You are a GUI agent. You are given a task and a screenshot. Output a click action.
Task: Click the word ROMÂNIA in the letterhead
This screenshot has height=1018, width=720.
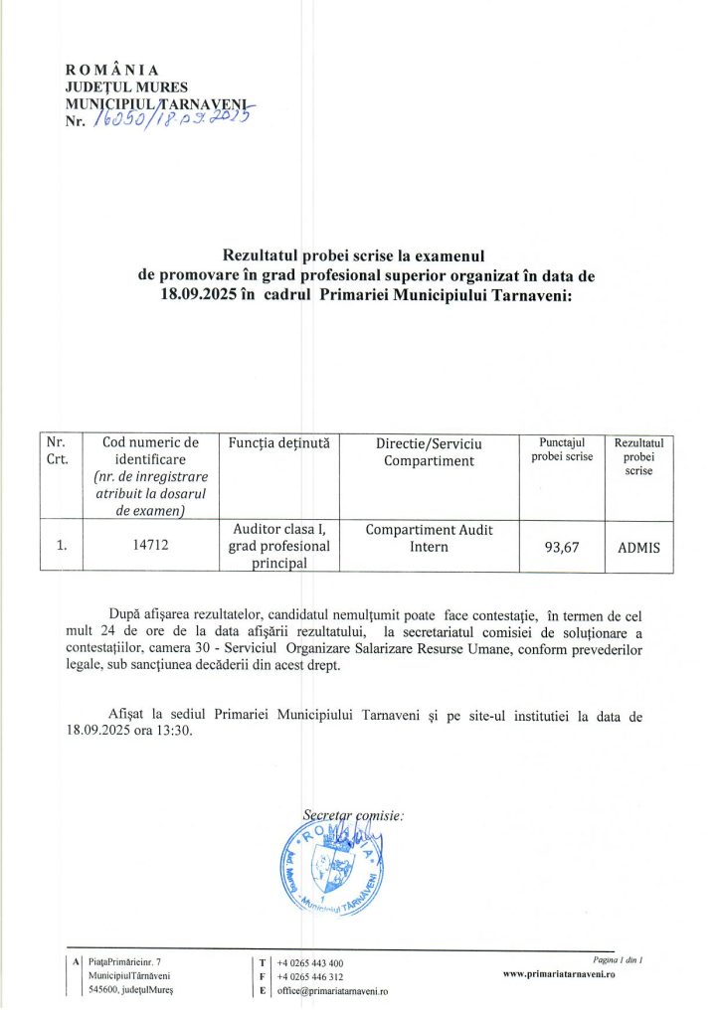[111, 70]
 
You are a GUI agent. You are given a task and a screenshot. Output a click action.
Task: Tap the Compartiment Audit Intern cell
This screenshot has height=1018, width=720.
[429, 538]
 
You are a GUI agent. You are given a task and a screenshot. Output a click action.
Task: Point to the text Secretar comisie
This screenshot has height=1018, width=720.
[353, 815]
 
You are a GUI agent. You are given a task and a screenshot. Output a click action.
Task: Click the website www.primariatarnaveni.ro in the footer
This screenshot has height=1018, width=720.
[560, 976]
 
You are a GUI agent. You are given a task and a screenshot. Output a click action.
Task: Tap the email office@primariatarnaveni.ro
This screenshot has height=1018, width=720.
[332, 991]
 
